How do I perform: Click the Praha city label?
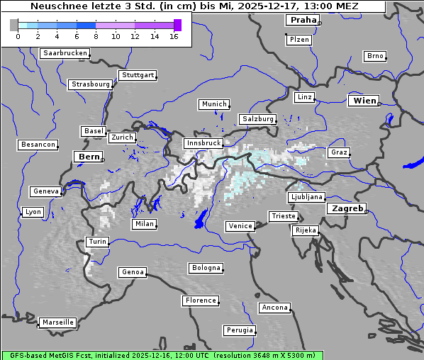[303, 20]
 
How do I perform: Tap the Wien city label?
[363, 101]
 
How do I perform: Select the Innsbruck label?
[203, 143]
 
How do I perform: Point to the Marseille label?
[57, 322]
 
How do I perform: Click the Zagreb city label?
[346, 208]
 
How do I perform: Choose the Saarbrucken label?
[65, 53]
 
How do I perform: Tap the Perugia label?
[239, 330]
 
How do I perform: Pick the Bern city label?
[89, 156]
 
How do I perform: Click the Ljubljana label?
[306, 197]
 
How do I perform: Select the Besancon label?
[38, 145]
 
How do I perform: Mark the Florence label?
[201, 300]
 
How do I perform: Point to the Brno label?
[374, 56]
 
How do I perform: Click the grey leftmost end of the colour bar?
[14, 25]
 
